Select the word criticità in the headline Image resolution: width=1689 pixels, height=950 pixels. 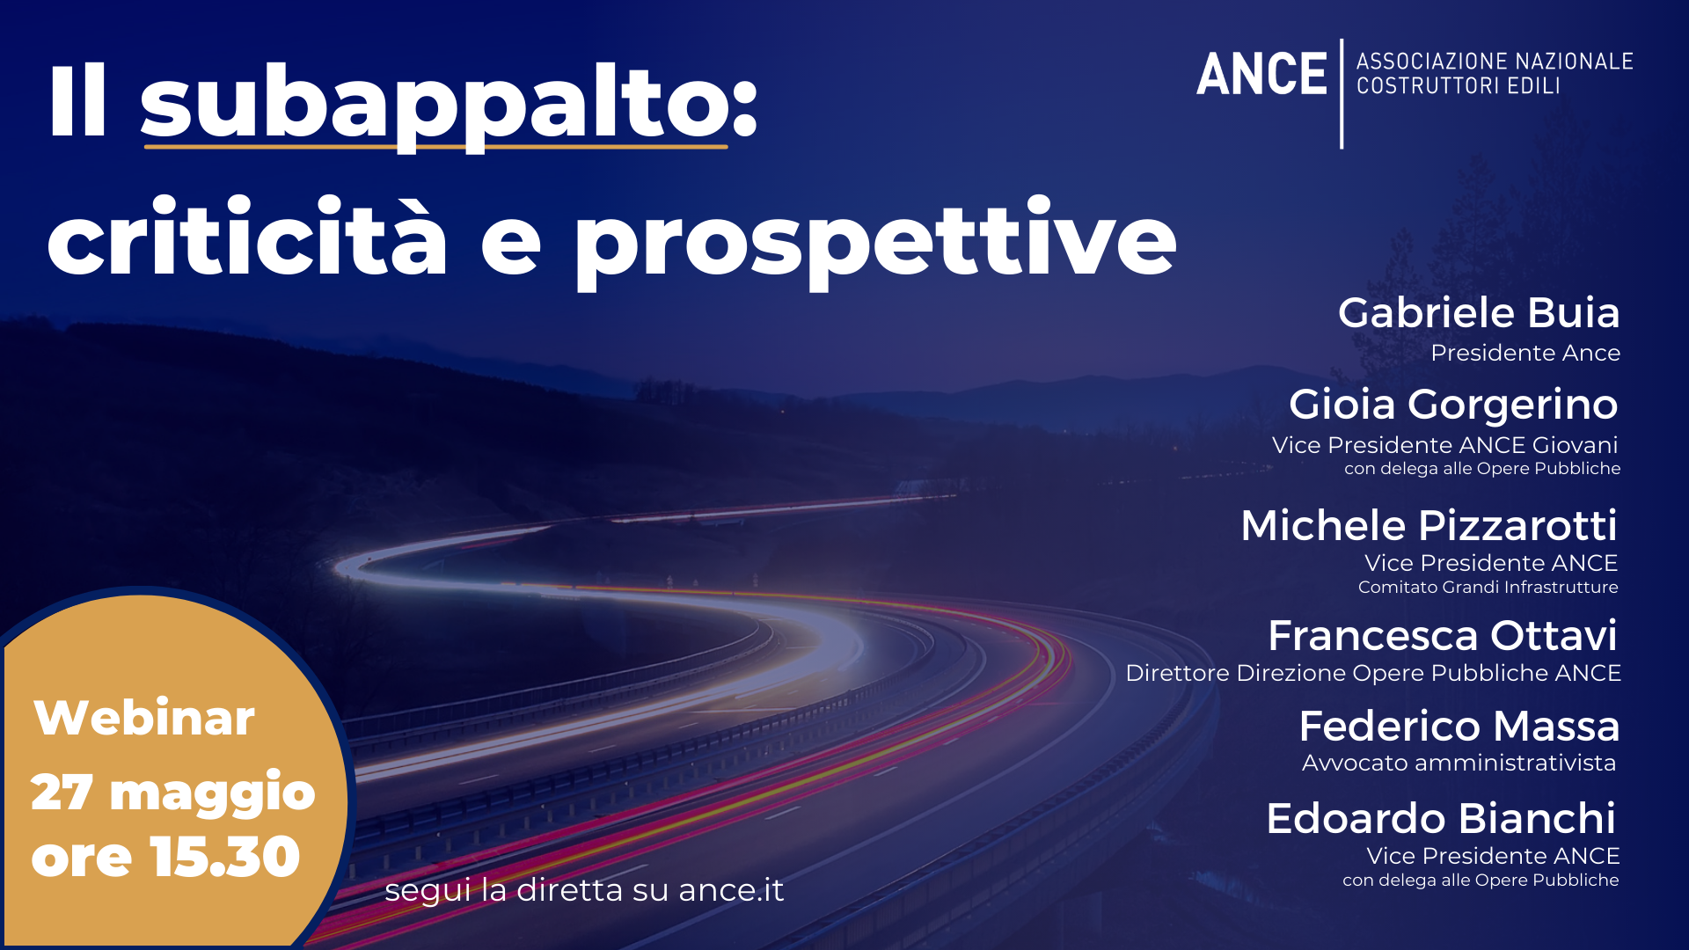pyautogui.click(x=247, y=234)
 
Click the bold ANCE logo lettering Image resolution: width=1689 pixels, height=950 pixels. pyautogui.click(x=1261, y=74)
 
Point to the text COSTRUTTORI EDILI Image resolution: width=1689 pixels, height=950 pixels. pyautogui.click(x=1459, y=86)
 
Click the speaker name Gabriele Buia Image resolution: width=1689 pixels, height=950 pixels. pyautogui.click(x=1479, y=312)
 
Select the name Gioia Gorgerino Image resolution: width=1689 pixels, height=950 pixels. pyautogui.click(x=1453, y=405)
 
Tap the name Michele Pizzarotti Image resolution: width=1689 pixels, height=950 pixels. pyautogui.click(x=1429, y=525)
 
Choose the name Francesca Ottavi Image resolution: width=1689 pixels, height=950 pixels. pyautogui.click(x=1443, y=635)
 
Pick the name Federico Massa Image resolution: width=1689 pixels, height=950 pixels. pyautogui.click(x=1459, y=727)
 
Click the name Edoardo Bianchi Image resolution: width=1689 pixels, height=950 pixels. pyautogui.click(x=1441, y=818)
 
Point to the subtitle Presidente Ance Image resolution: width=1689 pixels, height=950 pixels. pyautogui.click(x=1525, y=353)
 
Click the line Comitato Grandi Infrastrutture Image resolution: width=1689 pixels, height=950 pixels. pyautogui.click(x=1488, y=587)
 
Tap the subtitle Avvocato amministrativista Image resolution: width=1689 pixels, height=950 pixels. pyautogui.click(x=1459, y=763)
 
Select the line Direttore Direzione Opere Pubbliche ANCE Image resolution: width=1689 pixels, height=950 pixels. pyautogui.click(x=1373, y=673)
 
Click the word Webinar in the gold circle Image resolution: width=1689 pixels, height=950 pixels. pyautogui.click(x=144, y=718)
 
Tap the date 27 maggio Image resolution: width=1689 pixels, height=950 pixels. pyautogui.click(x=172, y=792)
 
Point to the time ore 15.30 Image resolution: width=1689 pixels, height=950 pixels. pyautogui.click(x=165, y=857)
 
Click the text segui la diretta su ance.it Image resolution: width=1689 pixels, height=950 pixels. pyautogui.click(x=584, y=890)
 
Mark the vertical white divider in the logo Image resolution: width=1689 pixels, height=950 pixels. pyautogui.click(x=1342, y=93)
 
